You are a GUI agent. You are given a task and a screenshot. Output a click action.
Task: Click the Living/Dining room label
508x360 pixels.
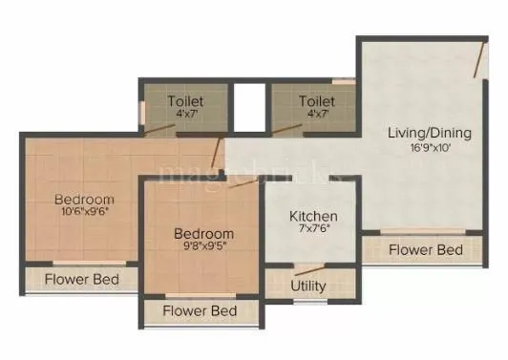[426, 133]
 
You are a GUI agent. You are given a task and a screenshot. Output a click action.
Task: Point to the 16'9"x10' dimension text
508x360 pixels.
[426, 148]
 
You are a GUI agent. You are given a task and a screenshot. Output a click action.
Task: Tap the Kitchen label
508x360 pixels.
[313, 217]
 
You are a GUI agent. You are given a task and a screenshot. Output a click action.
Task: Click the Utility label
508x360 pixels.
[308, 286]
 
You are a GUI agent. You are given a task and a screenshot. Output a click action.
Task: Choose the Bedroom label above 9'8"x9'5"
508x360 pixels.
[203, 234]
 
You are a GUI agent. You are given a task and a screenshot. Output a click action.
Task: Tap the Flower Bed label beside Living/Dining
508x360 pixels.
[427, 250]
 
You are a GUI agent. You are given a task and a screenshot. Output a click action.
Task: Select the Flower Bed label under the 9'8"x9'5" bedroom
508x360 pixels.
[199, 311]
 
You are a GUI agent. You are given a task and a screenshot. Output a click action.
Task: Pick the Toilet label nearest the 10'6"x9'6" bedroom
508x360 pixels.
[185, 100]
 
